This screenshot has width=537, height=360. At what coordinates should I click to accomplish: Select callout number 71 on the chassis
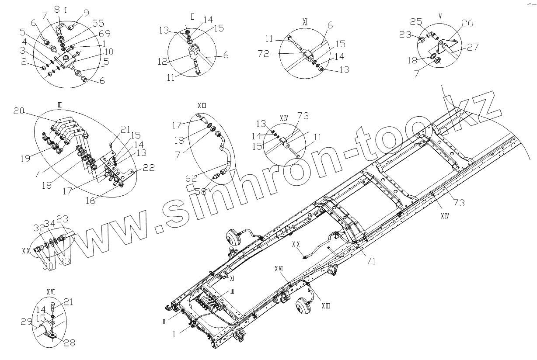tap(371, 261)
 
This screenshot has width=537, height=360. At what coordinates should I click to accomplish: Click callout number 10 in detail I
tap(108, 52)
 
